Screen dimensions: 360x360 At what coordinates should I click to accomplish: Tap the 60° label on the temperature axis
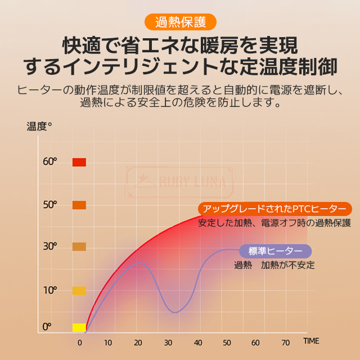pyautogui.click(x=50, y=162)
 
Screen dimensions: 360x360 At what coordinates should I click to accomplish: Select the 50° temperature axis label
pyautogui.click(x=50, y=205)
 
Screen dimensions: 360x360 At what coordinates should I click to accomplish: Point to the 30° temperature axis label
pyautogui.click(x=50, y=246)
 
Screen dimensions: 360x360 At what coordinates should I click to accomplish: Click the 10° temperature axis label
pyautogui.click(x=50, y=290)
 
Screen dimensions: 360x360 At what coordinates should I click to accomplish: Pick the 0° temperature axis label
pyautogui.click(x=47, y=327)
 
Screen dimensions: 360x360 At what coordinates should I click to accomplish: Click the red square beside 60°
pyautogui.click(x=79, y=162)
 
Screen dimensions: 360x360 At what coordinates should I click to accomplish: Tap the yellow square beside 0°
pyautogui.click(x=79, y=327)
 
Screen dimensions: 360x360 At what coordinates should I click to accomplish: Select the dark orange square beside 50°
pyautogui.click(x=79, y=205)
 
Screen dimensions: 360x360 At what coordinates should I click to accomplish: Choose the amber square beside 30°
pyautogui.click(x=79, y=246)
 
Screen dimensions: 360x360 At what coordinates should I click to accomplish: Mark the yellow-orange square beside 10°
pyautogui.click(x=79, y=290)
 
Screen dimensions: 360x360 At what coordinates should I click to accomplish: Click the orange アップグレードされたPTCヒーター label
pyautogui.click(x=274, y=208)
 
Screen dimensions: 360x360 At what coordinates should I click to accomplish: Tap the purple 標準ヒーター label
pyautogui.click(x=275, y=251)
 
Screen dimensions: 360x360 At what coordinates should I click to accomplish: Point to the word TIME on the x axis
pyautogui.click(x=311, y=341)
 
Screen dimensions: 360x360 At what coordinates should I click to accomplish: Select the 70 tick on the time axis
pyautogui.click(x=285, y=342)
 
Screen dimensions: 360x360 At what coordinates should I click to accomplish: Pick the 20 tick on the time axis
pyautogui.click(x=138, y=342)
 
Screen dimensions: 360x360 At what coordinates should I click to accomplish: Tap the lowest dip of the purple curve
pyautogui.click(x=175, y=312)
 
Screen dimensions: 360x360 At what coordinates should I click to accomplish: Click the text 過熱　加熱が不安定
pyautogui.click(x=274, y=265)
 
